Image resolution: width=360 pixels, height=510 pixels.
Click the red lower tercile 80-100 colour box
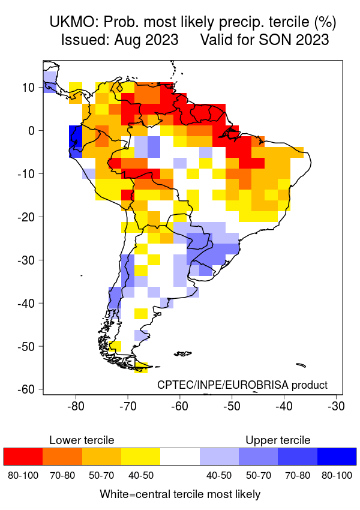click(x=23, y=457)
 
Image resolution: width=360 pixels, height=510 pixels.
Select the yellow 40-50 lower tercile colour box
click(x=140, y=457)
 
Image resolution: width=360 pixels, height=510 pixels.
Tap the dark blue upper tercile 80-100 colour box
click(x=337, y=457)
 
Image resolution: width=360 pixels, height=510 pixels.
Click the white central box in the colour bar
click(x=180, y=457)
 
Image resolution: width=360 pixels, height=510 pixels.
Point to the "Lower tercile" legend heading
click(x=82, y=440)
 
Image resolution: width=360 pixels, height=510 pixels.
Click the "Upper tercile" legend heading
click(x=278, y=440)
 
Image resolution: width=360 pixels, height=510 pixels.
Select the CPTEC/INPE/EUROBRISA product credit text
click(x=242, y=385)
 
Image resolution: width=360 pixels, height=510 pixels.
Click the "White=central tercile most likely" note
click(x=180, y=494)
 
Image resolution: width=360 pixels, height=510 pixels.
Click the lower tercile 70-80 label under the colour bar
click(x=62, y=476)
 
